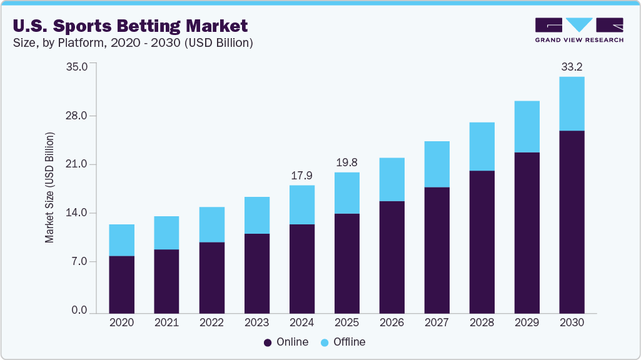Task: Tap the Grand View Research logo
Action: (579, 29)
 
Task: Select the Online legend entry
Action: (286, 342)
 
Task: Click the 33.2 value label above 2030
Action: (572, 66)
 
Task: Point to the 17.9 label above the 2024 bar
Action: (301, 176)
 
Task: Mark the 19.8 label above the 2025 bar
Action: (346, 162)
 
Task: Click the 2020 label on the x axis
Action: (121, 323)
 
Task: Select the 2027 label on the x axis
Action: (437, 323)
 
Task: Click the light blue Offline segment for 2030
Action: (572, 104)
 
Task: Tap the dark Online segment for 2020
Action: (121, 284)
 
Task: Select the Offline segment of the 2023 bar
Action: (256, 215)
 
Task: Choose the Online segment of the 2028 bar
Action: (482, 241)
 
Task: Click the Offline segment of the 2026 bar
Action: (391, 179)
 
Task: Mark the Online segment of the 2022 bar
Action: (211, 277)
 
